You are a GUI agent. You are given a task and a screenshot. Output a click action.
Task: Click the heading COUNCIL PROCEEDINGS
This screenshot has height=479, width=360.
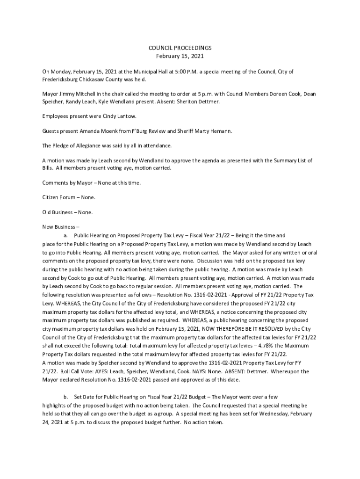(x=180, y=48)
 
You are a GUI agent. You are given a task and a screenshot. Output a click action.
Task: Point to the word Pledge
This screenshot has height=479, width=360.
(x=62, y=145)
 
